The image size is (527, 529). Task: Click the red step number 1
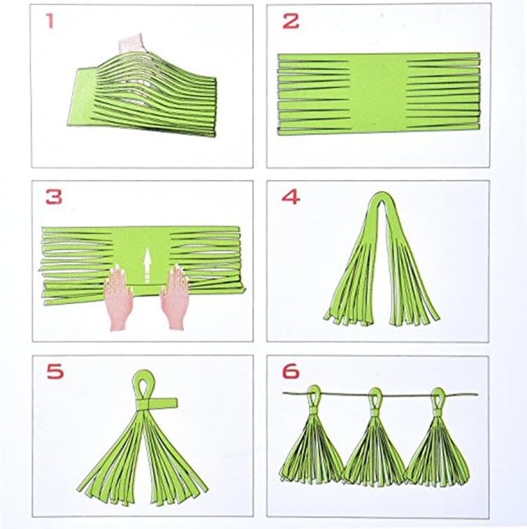(x=50, y=21)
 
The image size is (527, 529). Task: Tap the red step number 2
(x=290, y=21)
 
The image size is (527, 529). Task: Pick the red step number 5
(x=55, y=371)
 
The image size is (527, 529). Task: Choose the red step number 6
(x=291, y=371)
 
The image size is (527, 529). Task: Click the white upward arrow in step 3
(x=147, y=266)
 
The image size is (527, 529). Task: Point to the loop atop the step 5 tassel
(x=145, y=383)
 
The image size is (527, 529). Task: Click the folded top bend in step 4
(x=381, y=198)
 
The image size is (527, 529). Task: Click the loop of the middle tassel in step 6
(x=376, y=394)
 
